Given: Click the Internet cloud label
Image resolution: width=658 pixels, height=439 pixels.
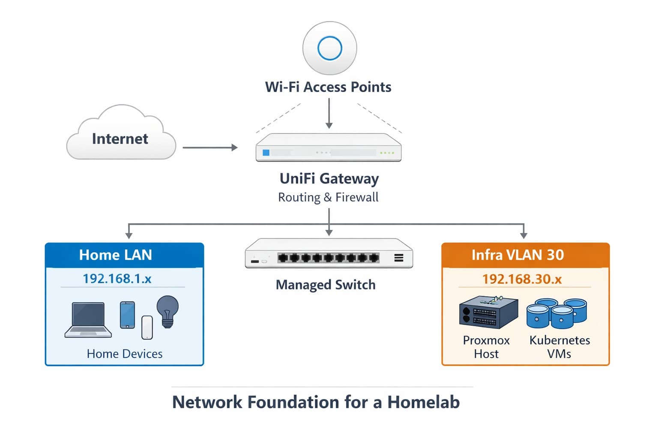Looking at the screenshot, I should coord(120,139).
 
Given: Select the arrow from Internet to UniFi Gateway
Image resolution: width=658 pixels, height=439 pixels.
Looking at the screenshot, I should coord(210,147).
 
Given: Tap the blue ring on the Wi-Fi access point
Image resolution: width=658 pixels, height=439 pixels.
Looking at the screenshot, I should coord(329,48).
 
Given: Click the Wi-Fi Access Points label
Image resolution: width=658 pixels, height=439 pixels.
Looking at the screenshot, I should coord(328,87).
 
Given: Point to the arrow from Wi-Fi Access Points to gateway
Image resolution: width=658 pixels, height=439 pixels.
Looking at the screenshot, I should coord(329,113).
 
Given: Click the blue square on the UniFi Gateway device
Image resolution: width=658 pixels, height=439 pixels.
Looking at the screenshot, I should coord(266,153).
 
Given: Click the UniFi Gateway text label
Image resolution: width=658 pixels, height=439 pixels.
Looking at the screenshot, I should coord(329,178).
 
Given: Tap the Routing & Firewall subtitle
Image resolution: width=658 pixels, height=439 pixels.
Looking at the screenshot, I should coord(328,197).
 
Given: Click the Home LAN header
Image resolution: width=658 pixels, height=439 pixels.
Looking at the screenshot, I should coord(115,255).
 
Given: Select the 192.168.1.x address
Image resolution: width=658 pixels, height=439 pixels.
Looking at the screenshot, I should coord(117,279).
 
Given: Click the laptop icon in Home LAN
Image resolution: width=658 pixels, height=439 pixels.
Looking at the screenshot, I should coord(88,320).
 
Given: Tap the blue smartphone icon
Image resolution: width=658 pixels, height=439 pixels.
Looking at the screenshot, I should coord(127,315).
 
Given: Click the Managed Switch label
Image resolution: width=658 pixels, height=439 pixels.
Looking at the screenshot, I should coord(326,285).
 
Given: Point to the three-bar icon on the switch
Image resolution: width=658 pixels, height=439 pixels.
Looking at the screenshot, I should coord(398,258).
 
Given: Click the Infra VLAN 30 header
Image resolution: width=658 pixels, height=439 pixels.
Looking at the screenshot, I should coord(517,255).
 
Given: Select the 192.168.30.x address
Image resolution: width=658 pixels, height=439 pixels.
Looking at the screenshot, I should coord(522,279).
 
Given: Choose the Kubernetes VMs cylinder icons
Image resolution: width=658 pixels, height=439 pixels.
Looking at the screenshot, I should coord(556,313).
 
